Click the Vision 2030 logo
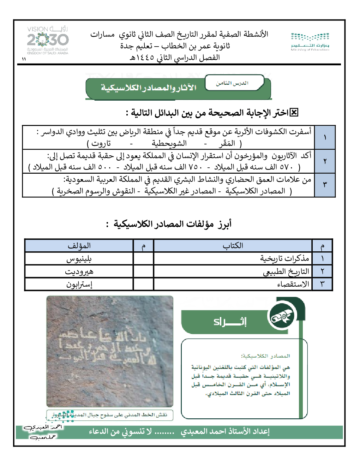pyautogui.click(x=48, y=40)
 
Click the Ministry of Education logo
pyautogui.click(x=310, y=42)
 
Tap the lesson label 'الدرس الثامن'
pyautogui.click(x=232, y=83)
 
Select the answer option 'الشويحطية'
pyautogui.click(x=169, y=143)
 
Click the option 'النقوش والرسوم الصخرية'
pyautogui.click(x=96, y=191)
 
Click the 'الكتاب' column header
pyautogui.click(x=233, y=246)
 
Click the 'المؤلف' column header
pyautogui.click(x=79, y=246)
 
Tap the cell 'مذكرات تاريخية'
pyautogui.click(x=284, y=258)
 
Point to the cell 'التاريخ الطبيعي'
pyautogui.click(x=286, y=271)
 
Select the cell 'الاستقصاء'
pyautogui.click(x=293, y=284)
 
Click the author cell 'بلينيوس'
pyautogui.click(x=79, y=259)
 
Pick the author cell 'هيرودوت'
pyautogui.click(x=79, y=271)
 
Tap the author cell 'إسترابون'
pyautogui.click(x=79, y=284)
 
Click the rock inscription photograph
pyautogui.click(x=110, y=351)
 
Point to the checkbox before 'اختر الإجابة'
pyautogui.click(x=294, y=113)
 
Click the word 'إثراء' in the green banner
pyautogui.click(x=230, y=322)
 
